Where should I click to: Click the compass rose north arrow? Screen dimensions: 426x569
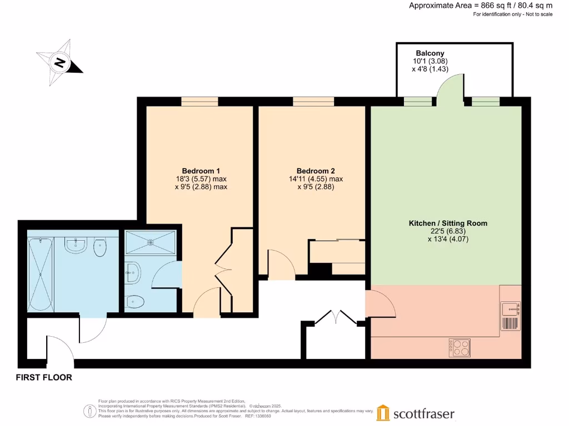coord(60,62)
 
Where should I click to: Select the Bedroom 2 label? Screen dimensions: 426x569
coord(315,170)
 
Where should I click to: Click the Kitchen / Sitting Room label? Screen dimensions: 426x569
coord(448,223)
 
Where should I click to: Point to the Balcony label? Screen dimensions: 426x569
coord(430,53)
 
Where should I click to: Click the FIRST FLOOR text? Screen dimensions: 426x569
coord(44,378)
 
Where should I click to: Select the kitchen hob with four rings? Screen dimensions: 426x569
coord(460,348)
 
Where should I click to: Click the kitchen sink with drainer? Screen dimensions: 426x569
coord(510,316)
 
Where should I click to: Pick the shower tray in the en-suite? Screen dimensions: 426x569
coord(151,242)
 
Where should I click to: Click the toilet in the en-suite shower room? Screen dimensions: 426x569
coord(135,302)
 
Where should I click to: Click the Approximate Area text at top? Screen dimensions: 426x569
coord(481,6)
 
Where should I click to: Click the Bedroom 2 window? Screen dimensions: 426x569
coord(313,101)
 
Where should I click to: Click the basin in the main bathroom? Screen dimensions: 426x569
coord(75,245)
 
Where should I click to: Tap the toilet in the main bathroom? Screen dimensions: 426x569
coord(101,248)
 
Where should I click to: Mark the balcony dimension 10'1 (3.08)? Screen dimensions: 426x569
coord(430,61)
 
